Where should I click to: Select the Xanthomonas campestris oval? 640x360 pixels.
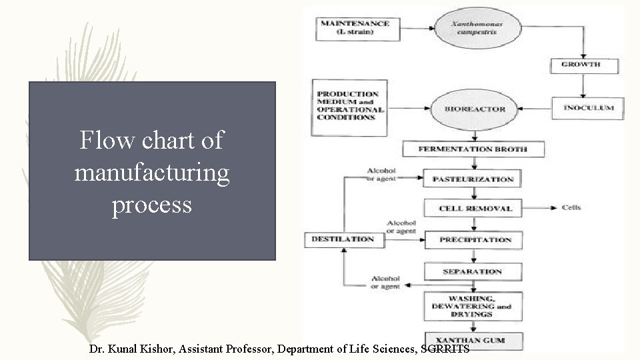(477, 28)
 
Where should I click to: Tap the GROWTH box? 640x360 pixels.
(583, 65)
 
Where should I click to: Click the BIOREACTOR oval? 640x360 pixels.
(475, 109)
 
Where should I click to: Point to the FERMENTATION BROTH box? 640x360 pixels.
(473, 149)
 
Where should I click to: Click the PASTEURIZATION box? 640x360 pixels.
(473, 179)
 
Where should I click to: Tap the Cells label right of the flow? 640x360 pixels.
(571, 208)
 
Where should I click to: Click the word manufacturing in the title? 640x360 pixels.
(152, 173)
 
